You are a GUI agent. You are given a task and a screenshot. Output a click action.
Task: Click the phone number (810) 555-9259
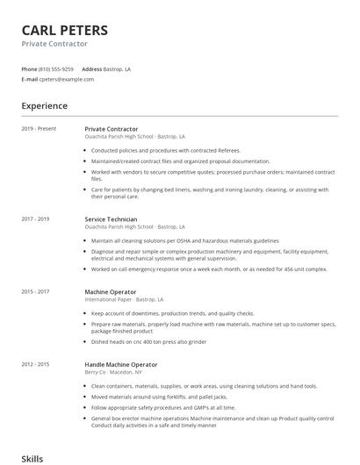[57, 68]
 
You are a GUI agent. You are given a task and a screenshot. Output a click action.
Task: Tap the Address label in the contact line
[91, 68]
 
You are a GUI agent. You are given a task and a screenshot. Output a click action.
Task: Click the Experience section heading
[44, 106]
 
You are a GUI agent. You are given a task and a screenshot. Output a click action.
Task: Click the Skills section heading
[32, 457]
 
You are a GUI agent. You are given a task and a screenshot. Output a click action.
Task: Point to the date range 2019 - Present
[39, 130]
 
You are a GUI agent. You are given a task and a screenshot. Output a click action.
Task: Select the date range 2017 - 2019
[35, 218]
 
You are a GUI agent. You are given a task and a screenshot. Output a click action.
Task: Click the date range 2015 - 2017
[35, 291]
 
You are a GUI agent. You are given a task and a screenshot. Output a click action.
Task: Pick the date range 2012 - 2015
[35, 364]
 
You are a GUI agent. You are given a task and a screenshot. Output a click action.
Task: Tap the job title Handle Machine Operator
[121, 364]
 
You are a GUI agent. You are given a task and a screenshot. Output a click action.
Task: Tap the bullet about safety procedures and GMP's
[163, 407]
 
